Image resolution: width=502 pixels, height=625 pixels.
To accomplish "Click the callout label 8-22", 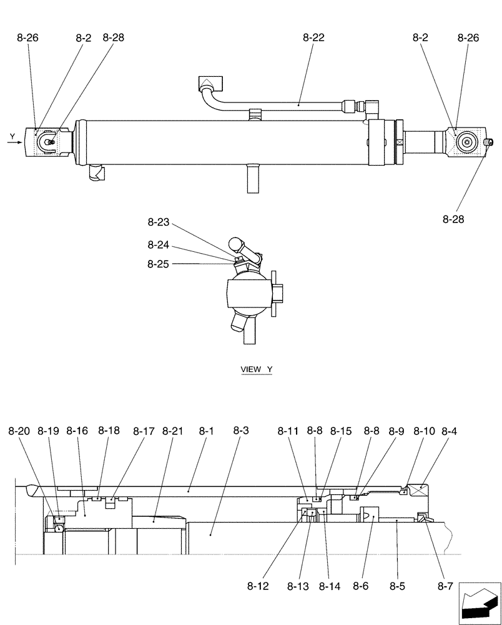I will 313,37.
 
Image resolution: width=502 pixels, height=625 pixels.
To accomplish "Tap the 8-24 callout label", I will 159,245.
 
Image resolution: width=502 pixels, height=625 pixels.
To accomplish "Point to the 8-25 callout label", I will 159,264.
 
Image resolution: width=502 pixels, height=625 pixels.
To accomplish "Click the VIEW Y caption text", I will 257,369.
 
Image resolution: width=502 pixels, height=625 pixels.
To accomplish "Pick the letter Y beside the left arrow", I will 12,135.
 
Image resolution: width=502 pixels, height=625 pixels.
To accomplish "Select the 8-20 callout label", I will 19,431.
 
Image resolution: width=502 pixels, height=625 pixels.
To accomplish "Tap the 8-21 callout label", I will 172,431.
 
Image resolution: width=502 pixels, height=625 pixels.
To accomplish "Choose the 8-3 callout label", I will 241,431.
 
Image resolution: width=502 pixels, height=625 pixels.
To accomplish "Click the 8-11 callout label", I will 288,431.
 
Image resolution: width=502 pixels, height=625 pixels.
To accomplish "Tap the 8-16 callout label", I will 77,431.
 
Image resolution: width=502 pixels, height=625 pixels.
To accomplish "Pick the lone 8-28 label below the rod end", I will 454,219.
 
